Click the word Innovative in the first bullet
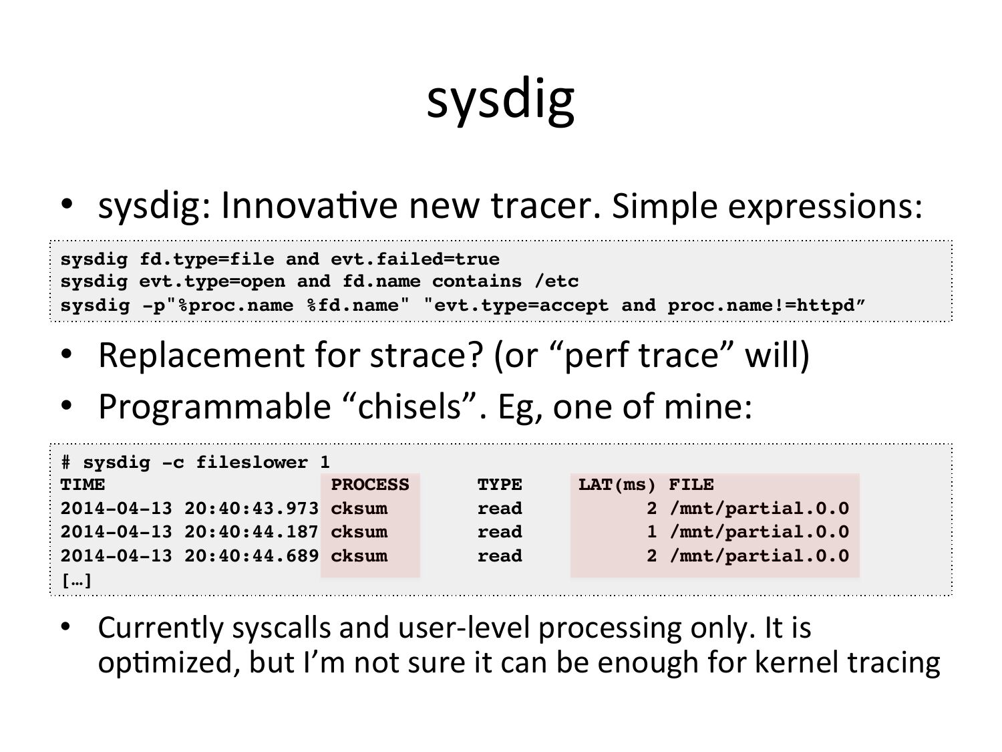309,206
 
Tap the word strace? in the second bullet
426,355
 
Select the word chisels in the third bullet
409,406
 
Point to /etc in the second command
556,281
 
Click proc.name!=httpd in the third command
762,305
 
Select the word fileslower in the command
252,463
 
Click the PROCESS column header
370,485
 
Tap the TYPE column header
500,485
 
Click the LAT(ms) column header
617,485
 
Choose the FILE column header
691,485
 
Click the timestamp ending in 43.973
190,509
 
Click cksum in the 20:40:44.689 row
359,556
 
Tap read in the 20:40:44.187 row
500,532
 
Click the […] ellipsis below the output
77,580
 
